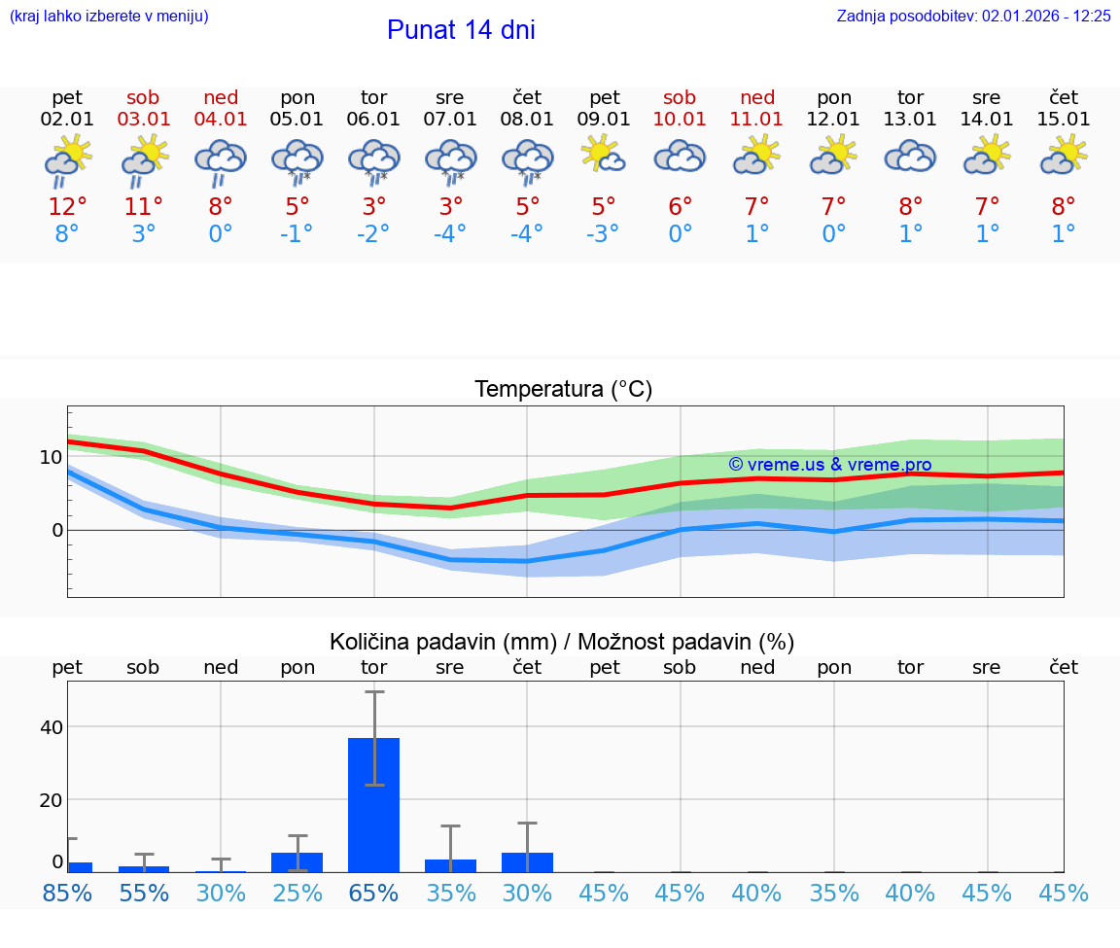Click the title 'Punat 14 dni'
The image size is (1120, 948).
[x=461, y=30]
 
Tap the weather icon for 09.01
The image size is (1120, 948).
[x=604, y=156]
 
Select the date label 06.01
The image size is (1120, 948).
[x=374, y=120]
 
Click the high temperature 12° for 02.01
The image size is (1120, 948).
[x=67, y=207]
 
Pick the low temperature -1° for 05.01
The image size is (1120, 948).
[x=297, y=234]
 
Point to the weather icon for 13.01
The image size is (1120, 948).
[x=910, y=156]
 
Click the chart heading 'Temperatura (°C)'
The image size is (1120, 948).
[x=563, y=390]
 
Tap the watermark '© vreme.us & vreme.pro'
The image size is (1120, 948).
[x=829, y=465]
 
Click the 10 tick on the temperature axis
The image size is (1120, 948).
[x=51, y=457]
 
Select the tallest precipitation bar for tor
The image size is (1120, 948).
[x=374, y=804]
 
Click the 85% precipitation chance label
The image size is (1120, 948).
[x=67, y=893]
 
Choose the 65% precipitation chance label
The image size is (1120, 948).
[x=374, y=893]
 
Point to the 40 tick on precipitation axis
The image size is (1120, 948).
[x=51, y=727]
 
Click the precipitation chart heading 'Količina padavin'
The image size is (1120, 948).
[x=562, y=642]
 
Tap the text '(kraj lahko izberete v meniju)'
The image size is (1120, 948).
[x=109, y=16]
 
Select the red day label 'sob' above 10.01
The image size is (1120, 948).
[x=680, y=97]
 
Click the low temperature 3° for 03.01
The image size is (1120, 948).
[x=144, y=234]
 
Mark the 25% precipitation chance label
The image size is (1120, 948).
[x=297, y=893]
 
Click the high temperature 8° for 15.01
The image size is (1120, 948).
[x=1064, y=207]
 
